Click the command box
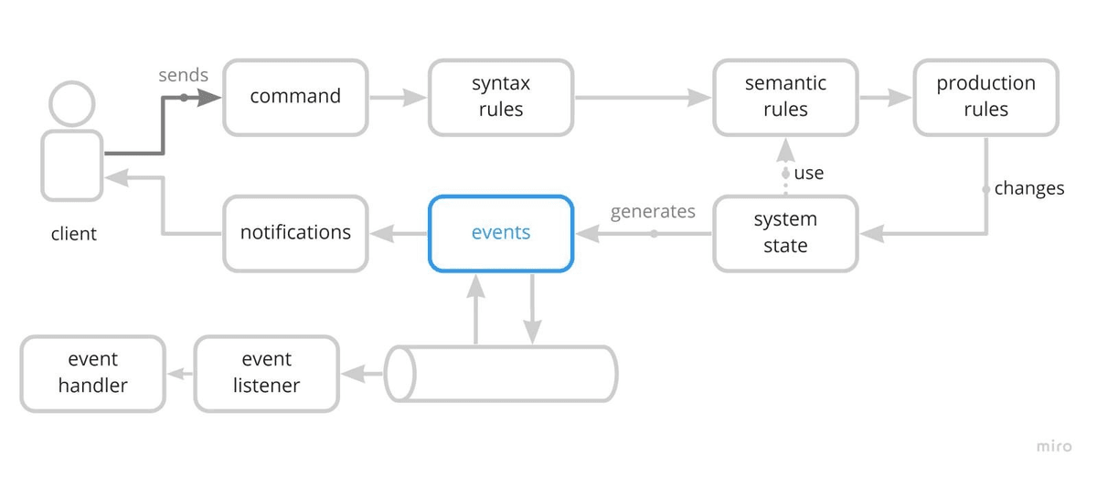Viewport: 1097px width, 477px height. (x=295, y=98)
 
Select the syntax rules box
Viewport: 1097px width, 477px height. (x=501, y=98)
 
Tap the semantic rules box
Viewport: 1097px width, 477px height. (x=785, y=98)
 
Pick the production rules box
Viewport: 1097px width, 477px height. (x=985, y=98)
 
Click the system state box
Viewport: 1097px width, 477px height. (x=785, y=234)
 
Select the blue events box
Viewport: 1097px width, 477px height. (x=501, y=234)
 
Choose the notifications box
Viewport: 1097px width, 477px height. (x=295, y=234)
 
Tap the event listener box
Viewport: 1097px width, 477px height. (x=266, y=374)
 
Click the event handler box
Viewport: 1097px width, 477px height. (x=92, y=374)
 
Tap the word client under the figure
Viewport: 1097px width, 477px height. (x=73, y=234)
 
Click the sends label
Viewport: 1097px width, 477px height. (x=183, y=75)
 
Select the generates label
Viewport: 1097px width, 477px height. (x=653, y=212)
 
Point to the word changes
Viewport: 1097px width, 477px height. (x=1029, y=188)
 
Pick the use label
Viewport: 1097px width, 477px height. (x=808, y=173)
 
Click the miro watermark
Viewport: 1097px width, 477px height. (x=1054, y=446)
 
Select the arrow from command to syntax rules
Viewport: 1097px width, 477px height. (x=398, y=98)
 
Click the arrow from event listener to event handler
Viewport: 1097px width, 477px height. (x=180, y=374)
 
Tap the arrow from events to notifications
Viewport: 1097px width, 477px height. (x=399, y=234)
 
